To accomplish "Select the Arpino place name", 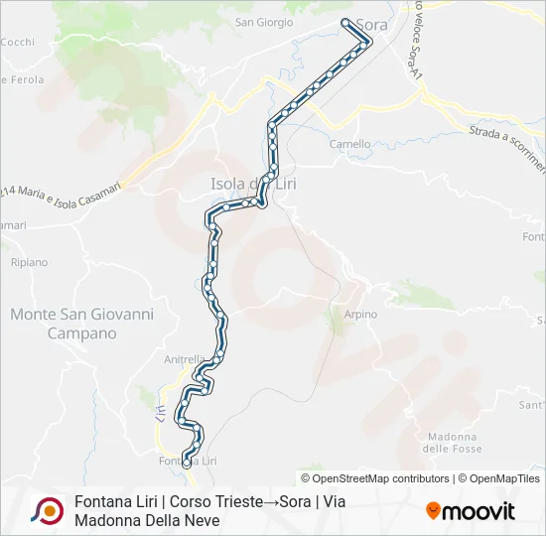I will [360, 315].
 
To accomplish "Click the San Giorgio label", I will [263, 22].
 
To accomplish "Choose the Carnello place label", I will [349, 144].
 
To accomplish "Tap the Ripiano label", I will [28, 262].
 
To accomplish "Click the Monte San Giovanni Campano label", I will [81, 324].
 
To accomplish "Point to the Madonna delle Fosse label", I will [453, 443].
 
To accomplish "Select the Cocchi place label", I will [18, 42].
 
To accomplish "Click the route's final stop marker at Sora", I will [345, 22].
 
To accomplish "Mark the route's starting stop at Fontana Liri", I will [187, 462].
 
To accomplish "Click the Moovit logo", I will [471, 511].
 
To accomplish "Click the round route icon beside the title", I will [47, 510].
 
